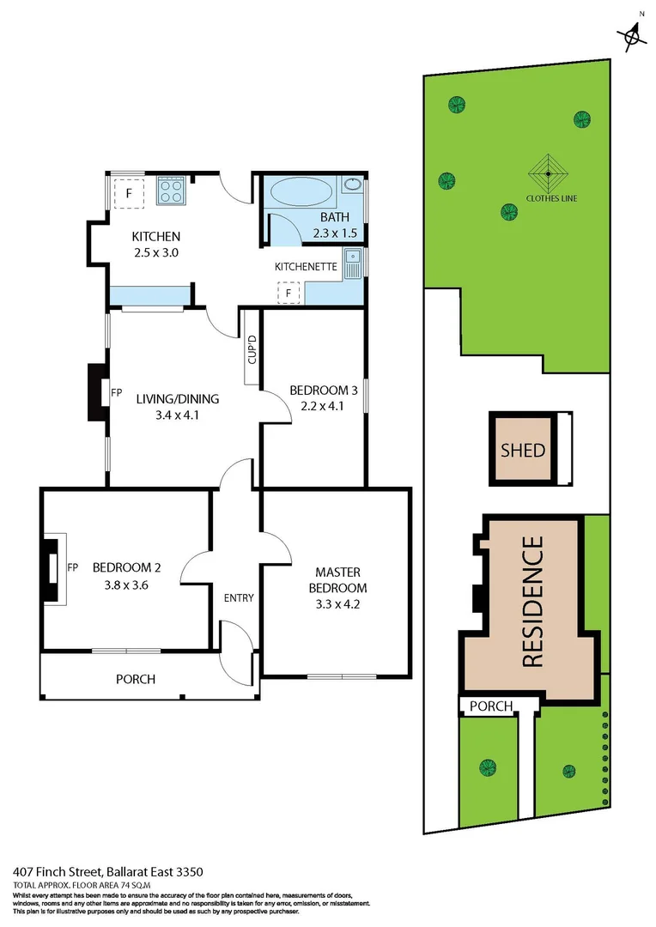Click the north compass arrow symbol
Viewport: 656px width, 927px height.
coord(633,34)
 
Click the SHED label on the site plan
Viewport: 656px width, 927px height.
coord(523,449)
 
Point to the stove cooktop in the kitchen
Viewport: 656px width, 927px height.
coord(171,191)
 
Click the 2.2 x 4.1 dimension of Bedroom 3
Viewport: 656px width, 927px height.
coord(322,406)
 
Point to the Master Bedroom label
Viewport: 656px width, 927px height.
coord(337,580)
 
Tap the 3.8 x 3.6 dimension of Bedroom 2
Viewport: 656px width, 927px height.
coord(127,587)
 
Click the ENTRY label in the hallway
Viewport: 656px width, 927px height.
coord(237,598)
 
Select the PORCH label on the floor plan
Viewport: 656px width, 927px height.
coord(136,679)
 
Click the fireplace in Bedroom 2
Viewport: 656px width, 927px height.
coord(54,569)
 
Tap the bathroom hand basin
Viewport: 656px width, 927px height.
coord(352,185)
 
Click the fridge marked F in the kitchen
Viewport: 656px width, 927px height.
coord(129,192)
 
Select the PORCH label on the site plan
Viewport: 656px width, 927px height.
coord(491,706)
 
